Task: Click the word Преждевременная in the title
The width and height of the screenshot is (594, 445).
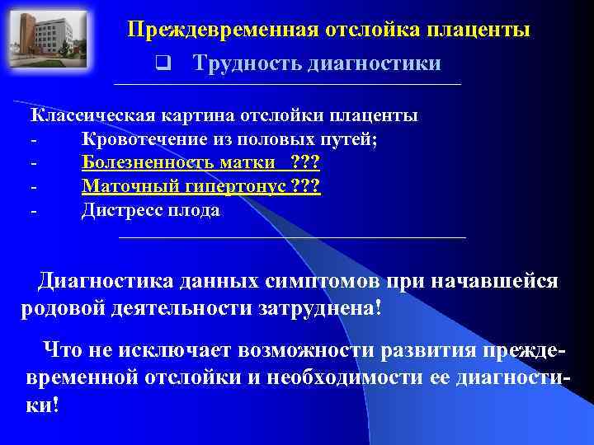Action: point(223,30)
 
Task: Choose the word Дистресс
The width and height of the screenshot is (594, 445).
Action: point(120,211)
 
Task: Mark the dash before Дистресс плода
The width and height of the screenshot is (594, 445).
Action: point(33,211)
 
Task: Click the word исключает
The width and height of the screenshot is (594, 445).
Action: point(177,350)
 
